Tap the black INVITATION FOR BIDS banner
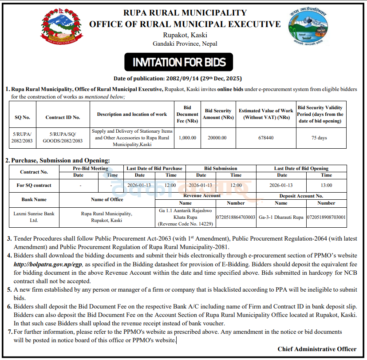pos(179,62)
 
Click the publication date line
pos(178,79)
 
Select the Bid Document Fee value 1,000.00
pos(187,138)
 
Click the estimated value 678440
pos(265,138)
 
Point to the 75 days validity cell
pos(319,138)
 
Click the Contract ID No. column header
pos(63,117)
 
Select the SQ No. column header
pos(22,117)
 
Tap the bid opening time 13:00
pos(326,186)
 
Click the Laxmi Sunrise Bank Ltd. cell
pos(34,217)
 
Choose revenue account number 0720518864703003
pos(236,217)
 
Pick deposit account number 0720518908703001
pos(326,217)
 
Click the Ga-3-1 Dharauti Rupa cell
pos(281,217)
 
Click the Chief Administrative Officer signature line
pos(317,349)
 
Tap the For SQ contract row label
pos(34,186)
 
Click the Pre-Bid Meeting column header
pos(91,169)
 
